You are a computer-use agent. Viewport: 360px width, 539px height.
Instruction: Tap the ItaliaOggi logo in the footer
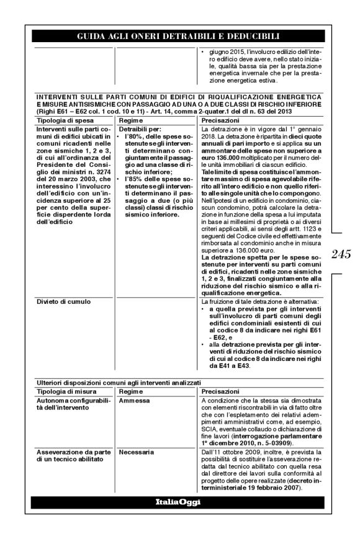pyautogui.click(x=179, y=501)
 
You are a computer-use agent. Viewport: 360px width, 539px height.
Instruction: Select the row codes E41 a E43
pyautogui.click(x=230, y=366)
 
